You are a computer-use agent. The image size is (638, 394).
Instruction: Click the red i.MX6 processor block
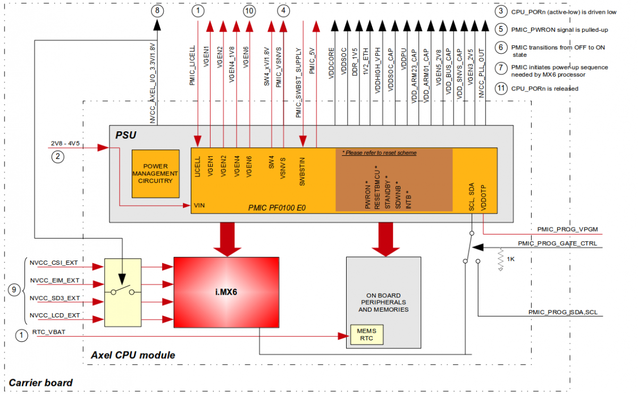click(x=226, y=292)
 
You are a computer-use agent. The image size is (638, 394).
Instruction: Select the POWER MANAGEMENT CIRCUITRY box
click(x=155, y=173)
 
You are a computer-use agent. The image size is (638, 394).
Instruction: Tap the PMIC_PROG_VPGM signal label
click(x=569, y=229)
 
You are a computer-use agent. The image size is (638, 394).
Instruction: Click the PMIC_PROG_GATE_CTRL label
click(x=557, y=244)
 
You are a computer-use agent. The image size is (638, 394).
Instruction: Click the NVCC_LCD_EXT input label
click(x=55, y=315)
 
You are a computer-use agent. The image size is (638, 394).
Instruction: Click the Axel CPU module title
click(x=133, y=355)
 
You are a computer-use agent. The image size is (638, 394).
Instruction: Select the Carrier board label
click(x=41, y=382)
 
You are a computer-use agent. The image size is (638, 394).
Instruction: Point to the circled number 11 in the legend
click(x=500, y=88)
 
